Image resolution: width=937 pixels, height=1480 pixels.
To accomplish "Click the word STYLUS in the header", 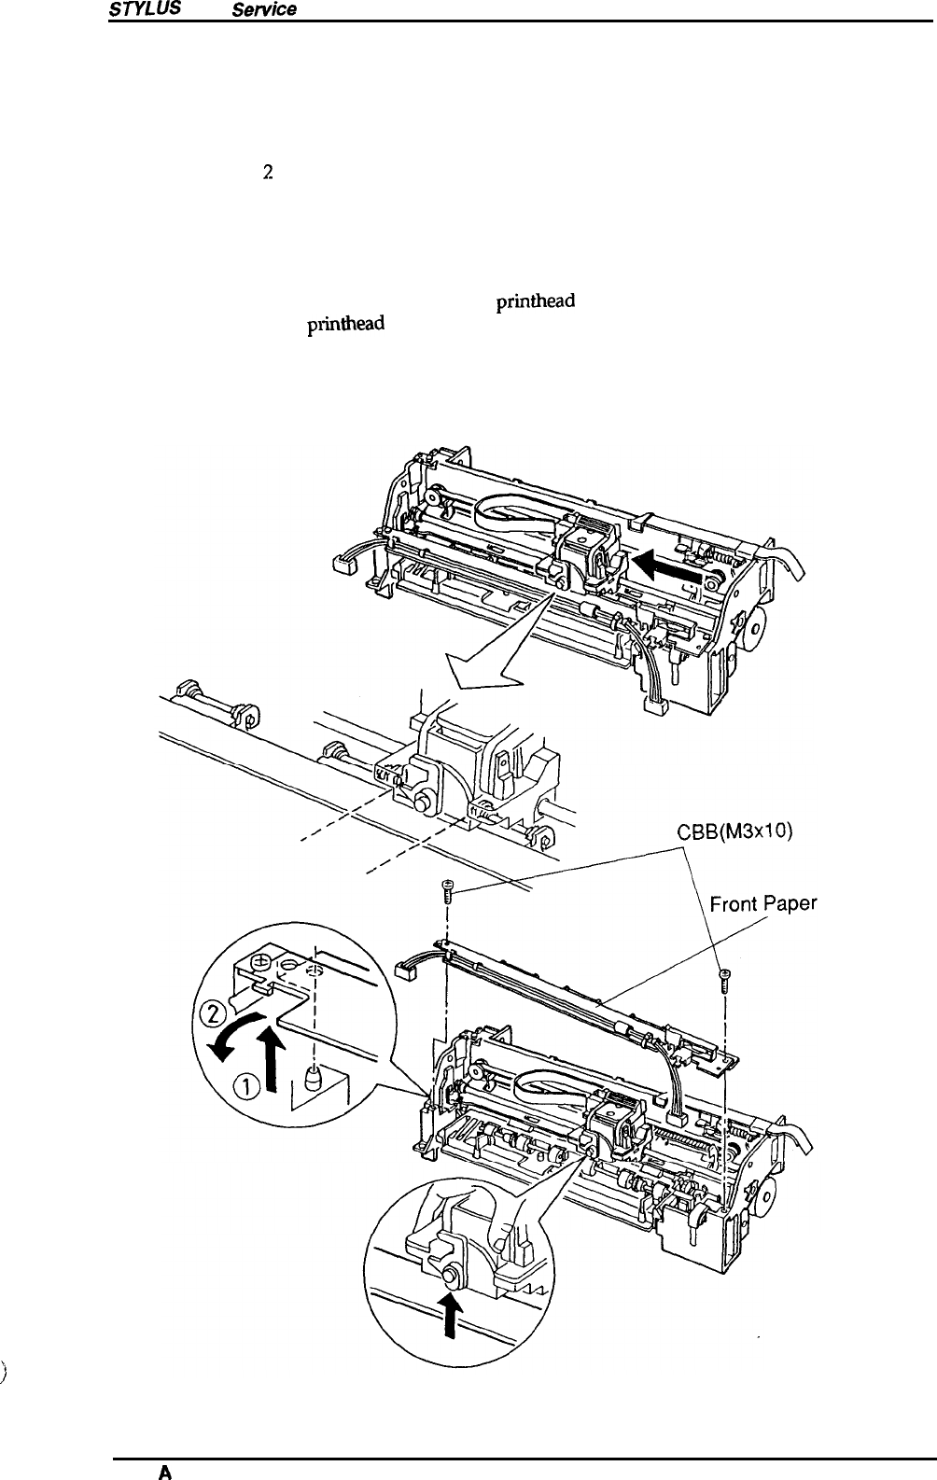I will click(137, 8).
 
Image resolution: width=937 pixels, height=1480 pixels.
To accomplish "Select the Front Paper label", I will click(763, 904).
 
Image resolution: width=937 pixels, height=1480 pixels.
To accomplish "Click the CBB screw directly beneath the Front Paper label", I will click(725, 977).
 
